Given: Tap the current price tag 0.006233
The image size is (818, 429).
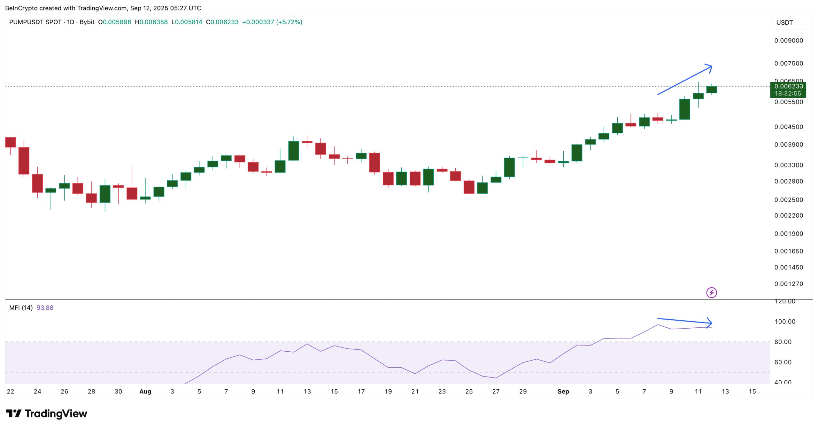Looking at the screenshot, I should click(x=788, y=86).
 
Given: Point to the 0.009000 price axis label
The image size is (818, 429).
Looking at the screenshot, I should click(x=788, y=41).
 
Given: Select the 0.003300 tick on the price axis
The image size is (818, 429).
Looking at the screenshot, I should click(x=788, y=165).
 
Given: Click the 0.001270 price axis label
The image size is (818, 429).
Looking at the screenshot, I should click(x=788, y=284).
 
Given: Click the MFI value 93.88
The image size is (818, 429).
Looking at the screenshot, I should click(x=45, y=308).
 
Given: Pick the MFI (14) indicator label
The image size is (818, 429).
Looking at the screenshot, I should click(x=21, y=308).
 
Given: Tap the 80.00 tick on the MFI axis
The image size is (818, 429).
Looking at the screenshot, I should click(x=783, y=342).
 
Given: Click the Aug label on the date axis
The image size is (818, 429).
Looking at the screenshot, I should click(x=145, y=392).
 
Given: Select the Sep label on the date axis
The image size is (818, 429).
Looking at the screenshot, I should click(x=563, y=392).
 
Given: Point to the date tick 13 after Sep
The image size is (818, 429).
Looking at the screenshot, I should click(x=725, y=392).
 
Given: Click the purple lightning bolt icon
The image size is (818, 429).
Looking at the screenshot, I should click(x=711, y=292).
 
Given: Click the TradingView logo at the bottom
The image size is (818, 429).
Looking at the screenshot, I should click(x=46, y=414).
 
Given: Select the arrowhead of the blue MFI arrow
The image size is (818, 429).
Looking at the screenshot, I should click(x=710, y=323).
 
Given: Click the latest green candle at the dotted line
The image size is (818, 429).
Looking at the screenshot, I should click(x=711, y=90).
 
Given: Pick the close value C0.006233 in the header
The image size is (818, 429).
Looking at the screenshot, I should click(x=222, y=22).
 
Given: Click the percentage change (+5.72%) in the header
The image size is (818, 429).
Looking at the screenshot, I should click(x=289, y=22).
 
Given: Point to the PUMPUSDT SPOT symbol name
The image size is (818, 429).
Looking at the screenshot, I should click(x=35, y=22).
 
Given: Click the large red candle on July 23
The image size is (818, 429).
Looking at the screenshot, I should click(x=24, y=160).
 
